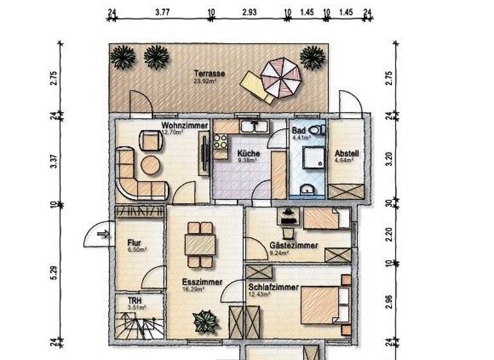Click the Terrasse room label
pyautogui.click(x=205, y=73)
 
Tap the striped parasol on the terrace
pyautogui.click(x=280, y=78)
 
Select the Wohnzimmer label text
pyautogui.click(x=184, y=125)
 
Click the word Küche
pyautogui.click(x=248, y=154)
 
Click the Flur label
pyautogui.click(x=134, y=243)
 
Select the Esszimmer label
pyautogui.click(x=201, y=282)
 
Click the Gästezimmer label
pyautogui.click(x=293, y=246)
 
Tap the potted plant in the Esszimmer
pyautogui.click(x=205, y=320)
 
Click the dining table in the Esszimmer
pyautogui.click(x=200, y=244)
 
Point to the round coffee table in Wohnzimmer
pyautogui.click(x=151, y=165)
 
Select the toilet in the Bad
pyautogui.click(x=315, y=130)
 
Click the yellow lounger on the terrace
pyautogui.click(x=255, y=87)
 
